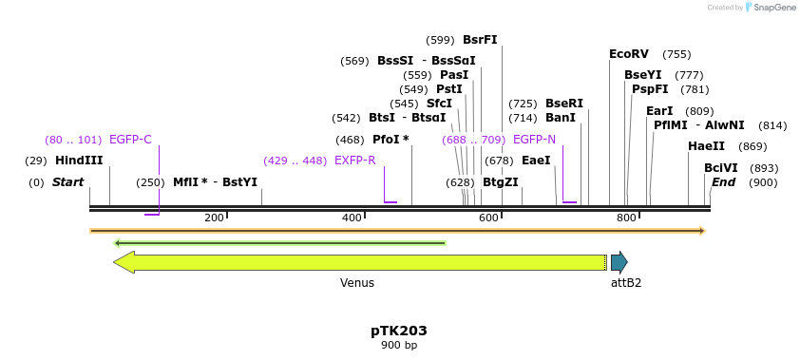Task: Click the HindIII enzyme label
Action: (x=79, y=161)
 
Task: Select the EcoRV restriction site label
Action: (x=629, y=54)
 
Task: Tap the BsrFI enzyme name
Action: (x=480, y=40)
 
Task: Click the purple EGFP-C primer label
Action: (x=130, y=140)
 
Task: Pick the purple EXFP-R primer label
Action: (x=354, y=161)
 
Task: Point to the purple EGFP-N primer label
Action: (x=533, y=140)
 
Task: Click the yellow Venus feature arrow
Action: (x=361, y=262)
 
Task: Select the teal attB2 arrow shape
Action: (x=619, y=262)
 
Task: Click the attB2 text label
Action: (x=625, y=283)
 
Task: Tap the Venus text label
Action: (x=357, y=283)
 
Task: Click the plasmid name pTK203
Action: (x=399, y=331)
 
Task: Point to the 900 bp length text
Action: (x=399, y=346)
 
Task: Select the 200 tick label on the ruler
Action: (x=214, y=218)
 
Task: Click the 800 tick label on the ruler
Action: (x=626, y=218)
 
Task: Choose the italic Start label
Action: (x=67, y=182)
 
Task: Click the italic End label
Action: (x=723, y=182)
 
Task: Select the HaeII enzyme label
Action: (x=706, y=146)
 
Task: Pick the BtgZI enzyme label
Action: (x=501, y=182)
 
